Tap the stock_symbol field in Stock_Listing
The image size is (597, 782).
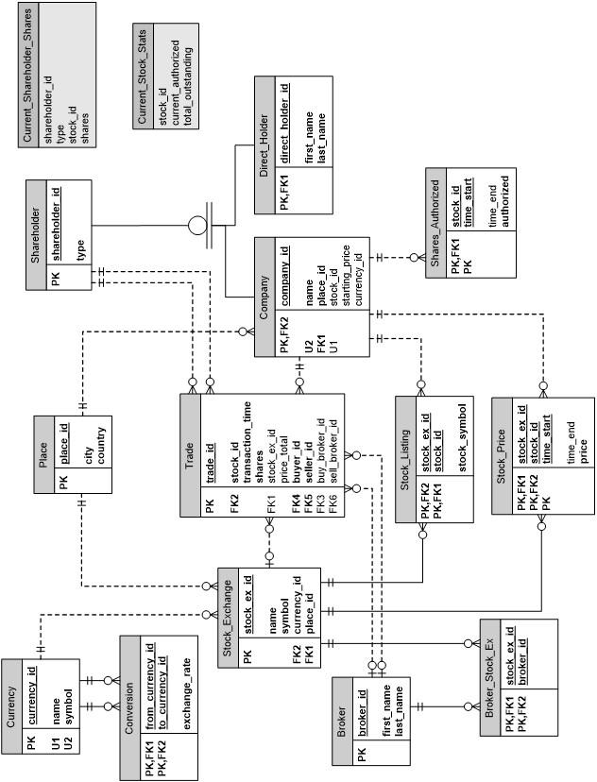click(463, 436)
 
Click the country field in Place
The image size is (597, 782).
click(101, 448)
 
